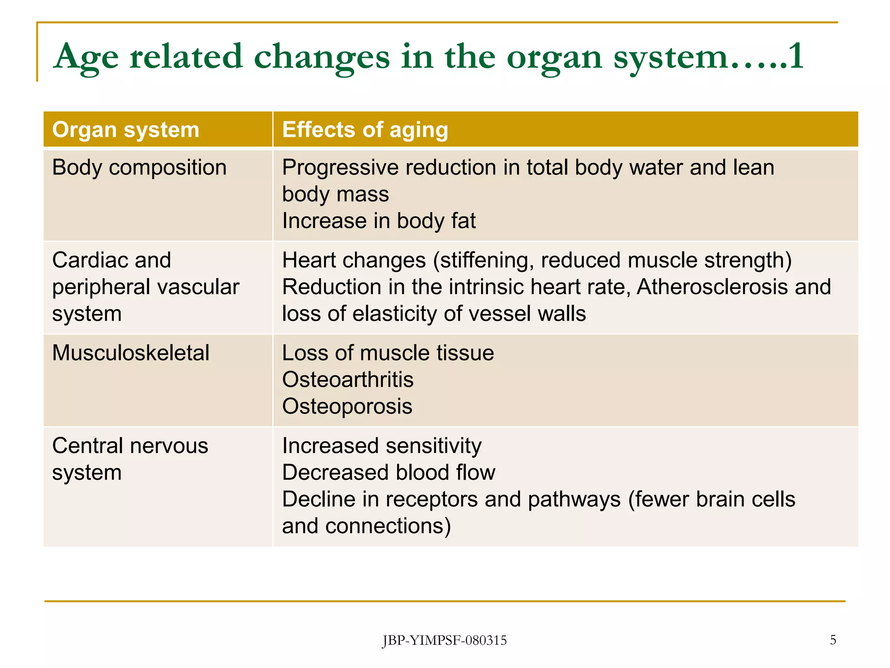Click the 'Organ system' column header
[x=126, y=130]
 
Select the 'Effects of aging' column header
[x=365, y=130]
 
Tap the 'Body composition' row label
[x=139, y=168]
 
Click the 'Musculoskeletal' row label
[x=130, y=353]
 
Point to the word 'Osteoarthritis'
[x=348, y=380]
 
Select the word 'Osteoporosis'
[x=347, y=407]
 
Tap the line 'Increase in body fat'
[x=379, y=221]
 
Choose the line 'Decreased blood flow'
[x=389, y=473]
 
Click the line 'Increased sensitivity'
[x=382, y=446]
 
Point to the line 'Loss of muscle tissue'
[x=388, y=353]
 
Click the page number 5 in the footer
[x=833, y=640]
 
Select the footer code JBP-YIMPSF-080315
[x=444, y=641]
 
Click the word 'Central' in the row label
[x=87, y=446]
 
